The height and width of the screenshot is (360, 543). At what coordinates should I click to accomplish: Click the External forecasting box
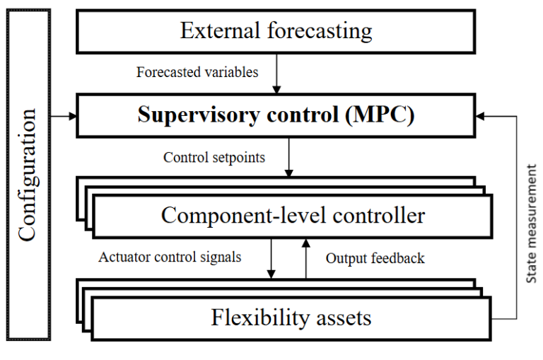click(x=276, y=32)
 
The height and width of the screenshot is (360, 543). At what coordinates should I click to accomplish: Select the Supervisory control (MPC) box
click(x=276, y=116)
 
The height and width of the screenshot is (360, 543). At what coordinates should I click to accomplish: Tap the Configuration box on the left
click(x=28, y=175)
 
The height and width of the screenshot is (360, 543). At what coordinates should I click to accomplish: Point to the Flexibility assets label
click(x=291, y=318)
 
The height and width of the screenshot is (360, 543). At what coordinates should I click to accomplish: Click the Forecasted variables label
click(x=197, y=72)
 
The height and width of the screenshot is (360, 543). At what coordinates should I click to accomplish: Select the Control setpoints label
click(x=214, y=158)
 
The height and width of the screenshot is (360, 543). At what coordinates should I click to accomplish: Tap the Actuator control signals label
click(x=170, y=257)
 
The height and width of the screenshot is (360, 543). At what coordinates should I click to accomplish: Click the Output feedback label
click(x=375, y=258)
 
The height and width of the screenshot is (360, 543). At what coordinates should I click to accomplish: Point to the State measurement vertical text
click(x=531, y=223)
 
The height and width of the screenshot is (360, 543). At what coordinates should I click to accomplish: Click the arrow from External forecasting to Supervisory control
click(x=276, y=74)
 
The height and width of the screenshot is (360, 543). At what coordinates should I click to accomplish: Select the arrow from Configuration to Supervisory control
click(x=64, y=116)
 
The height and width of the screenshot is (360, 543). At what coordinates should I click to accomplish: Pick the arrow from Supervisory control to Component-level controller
click(x=288, y=157)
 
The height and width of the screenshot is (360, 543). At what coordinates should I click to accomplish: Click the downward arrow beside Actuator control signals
click(x=271, y=258)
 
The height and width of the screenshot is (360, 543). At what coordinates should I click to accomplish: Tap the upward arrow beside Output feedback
click(x=305, y=258)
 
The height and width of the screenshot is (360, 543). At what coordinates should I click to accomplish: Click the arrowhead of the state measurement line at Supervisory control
click(x=480, y=116)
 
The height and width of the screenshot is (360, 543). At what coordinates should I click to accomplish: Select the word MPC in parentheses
click(x=380, y=115)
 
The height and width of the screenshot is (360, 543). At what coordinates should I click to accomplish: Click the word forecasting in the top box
click(x=320, y=32)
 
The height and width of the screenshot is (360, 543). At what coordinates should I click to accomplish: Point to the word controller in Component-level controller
click(x=379, y=216)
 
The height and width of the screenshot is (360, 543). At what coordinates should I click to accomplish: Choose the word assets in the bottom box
click(x=344, y=318)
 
